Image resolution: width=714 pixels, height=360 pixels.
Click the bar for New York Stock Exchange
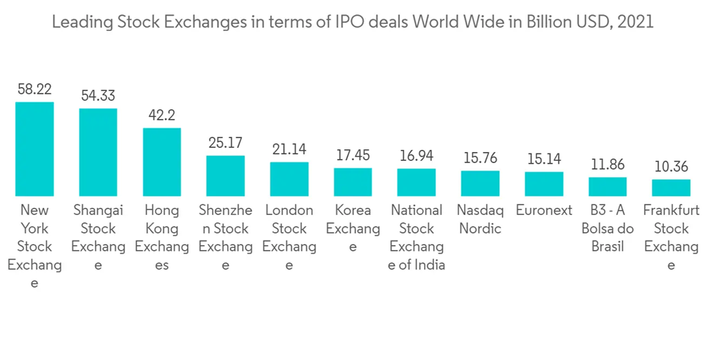coord(34,149)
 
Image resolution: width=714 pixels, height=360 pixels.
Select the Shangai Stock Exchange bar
coord(98,152)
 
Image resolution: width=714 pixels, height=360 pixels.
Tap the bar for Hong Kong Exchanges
coord(162,161)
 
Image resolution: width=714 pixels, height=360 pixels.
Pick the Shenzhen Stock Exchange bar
coord(226,176)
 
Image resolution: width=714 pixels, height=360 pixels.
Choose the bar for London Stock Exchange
coord(289,179)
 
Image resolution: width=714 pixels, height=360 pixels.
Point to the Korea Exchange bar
coord(353,182)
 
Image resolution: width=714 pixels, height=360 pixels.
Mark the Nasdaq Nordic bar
coord(480,184)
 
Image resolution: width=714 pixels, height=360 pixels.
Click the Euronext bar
coord(544,184)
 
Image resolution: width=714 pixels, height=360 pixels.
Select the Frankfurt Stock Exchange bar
coord(671,188)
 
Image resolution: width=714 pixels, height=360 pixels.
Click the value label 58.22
coord(34,89)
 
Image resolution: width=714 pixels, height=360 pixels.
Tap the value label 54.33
coord(98,96)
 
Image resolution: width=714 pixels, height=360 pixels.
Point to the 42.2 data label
coord(162,115)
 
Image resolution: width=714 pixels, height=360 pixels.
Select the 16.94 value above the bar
coord(416,156)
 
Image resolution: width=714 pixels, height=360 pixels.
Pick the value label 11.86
coord(608,164)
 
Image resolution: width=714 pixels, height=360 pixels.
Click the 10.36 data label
coord(671,166)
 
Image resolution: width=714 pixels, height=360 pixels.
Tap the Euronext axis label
coord(544,211)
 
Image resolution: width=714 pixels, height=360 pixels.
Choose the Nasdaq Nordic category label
coord(480,219)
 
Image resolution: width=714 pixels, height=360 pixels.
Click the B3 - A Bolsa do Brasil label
coord(608,229)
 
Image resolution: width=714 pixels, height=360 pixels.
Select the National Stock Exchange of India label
coord(416,238)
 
